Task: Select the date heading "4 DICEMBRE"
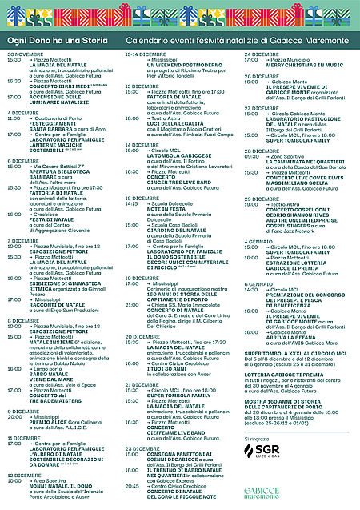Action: click(x=22, y=113)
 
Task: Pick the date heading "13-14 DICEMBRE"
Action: click(x=145, y=54)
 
